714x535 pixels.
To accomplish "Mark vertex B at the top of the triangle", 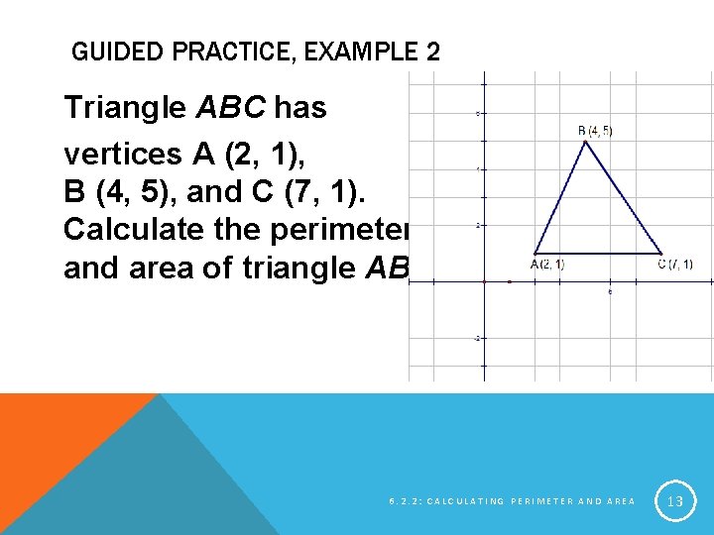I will click(586, 141).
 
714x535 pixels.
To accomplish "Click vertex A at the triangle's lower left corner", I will click(535, 253).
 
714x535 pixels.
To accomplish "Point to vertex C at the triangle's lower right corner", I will click(662, 253).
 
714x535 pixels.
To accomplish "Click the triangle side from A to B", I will click(560, 196).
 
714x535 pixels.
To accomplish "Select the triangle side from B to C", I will click(625, 196).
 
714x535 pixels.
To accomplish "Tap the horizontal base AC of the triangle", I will click(598, 253).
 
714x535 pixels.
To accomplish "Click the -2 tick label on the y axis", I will click(477, 338).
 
